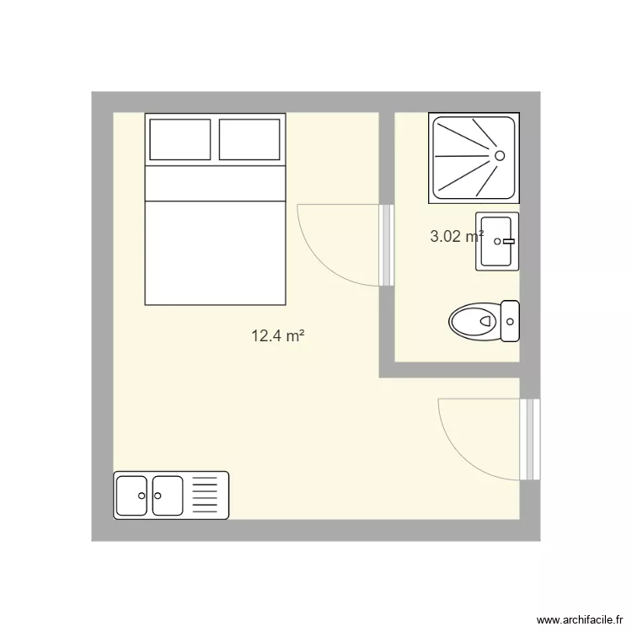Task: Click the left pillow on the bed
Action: (179, 140)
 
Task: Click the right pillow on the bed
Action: (249, 140)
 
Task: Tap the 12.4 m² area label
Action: (277, 336)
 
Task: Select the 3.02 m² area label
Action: (456, 237)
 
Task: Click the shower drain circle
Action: (500, 156)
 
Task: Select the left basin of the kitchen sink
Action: (132, 495)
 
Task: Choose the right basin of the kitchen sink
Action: (167, 495)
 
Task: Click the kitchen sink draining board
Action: (206, 495)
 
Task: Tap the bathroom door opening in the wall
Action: (387, 244)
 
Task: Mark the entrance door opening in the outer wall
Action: (529, 439)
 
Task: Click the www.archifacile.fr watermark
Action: (579, 618)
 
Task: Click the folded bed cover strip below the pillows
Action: (215, 184)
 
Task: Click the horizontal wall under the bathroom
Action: (455, 370)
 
